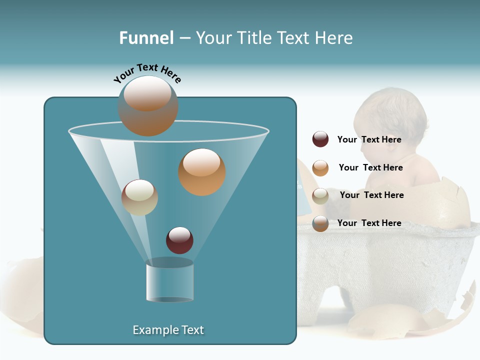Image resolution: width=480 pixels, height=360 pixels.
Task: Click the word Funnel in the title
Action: point(146,38)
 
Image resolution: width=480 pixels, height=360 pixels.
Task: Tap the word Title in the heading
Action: point(253,38)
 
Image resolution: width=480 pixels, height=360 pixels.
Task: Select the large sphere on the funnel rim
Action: point(148,106)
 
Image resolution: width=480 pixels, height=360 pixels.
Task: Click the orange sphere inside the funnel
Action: point(201,172)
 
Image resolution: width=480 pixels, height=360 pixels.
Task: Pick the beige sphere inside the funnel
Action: point(139,197)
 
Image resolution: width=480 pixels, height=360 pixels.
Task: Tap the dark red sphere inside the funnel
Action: point(179,240)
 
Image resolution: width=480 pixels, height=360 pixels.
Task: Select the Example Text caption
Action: point(168,330)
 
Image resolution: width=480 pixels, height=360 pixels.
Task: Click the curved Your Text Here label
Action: point(147,73)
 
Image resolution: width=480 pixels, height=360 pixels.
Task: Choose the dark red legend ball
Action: point(320,139)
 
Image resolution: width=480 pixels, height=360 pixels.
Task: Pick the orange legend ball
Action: point(320,168)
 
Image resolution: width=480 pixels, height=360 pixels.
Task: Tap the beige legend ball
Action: point(320,196)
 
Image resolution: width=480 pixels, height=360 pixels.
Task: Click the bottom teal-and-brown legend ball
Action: point(320,223)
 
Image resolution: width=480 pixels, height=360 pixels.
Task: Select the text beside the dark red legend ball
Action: point(369,139)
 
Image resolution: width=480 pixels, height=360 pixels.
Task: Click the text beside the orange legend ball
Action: point(370,167)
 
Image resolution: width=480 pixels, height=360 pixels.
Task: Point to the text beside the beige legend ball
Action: point(371,195)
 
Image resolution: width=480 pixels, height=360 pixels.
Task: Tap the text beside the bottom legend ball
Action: point(369,223)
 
